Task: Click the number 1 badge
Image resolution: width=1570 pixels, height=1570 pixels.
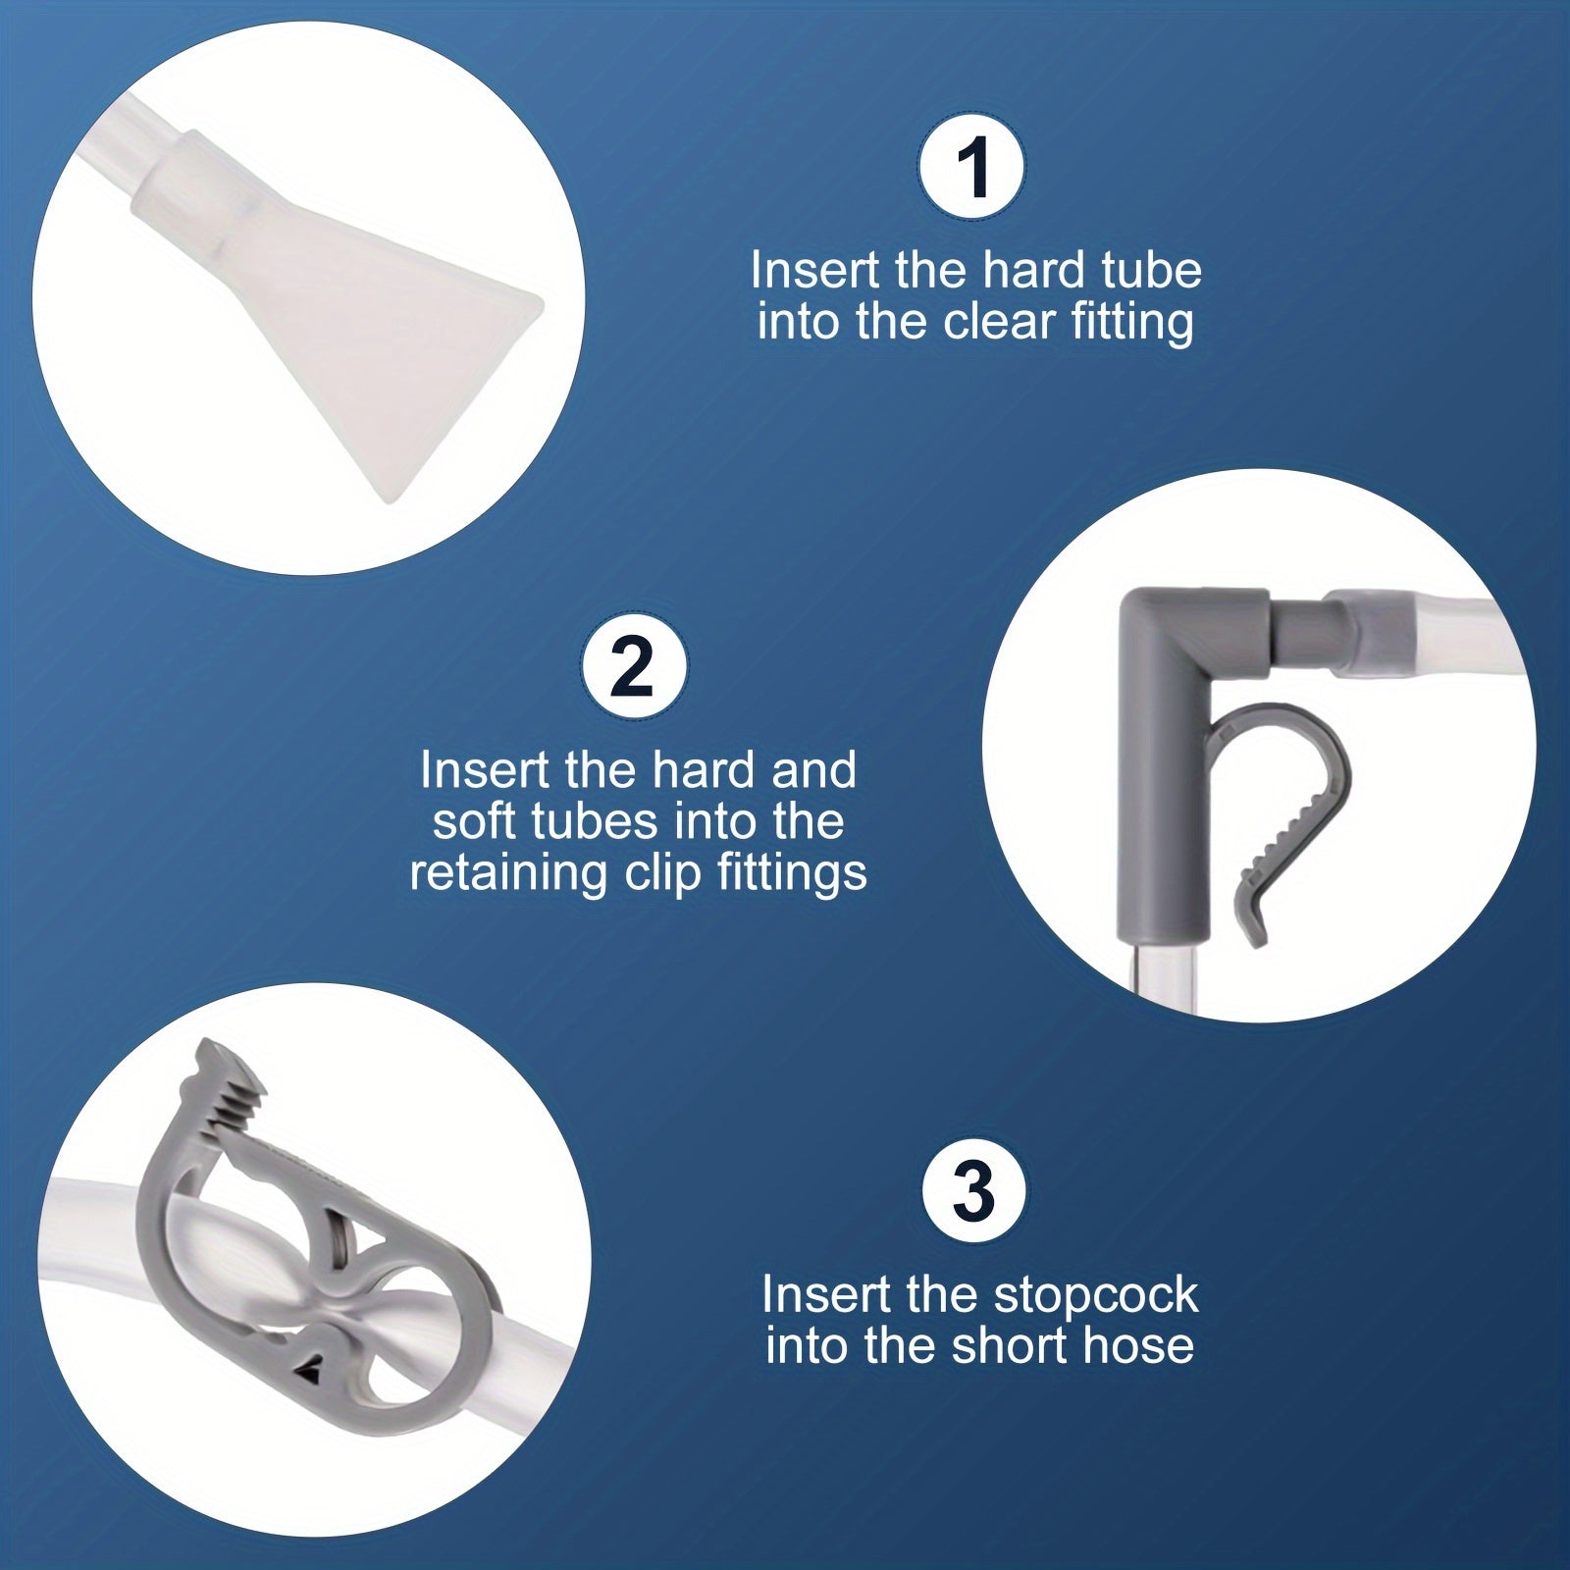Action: click(x=972, y=168)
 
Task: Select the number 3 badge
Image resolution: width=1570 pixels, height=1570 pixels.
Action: click(x=974, y=1191)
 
